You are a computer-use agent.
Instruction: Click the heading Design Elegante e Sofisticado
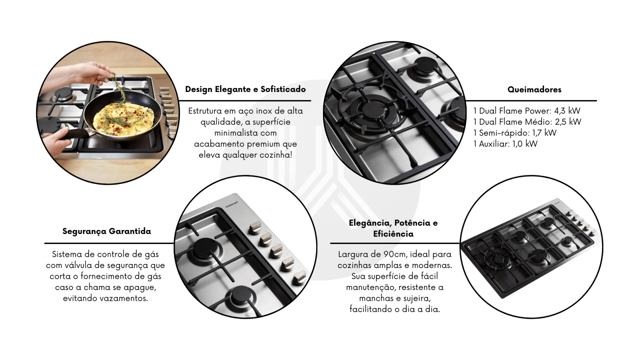click(246, 90)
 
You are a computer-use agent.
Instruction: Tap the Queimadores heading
click(534, 90)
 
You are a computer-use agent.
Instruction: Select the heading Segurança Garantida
click(106, 231)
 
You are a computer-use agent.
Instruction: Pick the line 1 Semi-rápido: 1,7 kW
click(515, 133)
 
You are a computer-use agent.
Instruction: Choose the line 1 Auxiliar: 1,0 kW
click(505, 144)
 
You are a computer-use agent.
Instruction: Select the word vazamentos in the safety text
click(124, 298)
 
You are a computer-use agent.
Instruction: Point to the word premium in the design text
click(259, 144)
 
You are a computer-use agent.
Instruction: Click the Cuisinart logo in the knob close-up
click(232, 204)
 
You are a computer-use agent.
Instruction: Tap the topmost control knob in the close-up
click(255, 228)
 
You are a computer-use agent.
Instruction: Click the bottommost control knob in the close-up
click(299, 278)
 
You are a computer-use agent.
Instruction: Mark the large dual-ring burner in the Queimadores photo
click(372, 110)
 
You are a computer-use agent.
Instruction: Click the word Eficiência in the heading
click(393, 234)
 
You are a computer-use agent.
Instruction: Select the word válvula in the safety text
click(76, 266)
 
